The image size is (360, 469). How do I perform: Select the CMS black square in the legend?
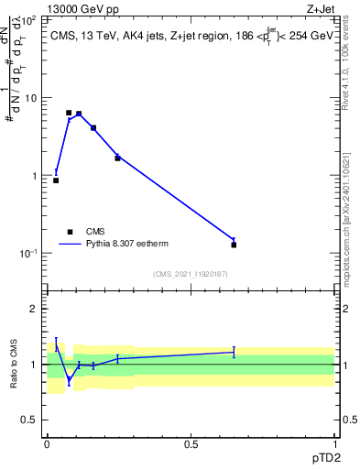[x=70, y=232]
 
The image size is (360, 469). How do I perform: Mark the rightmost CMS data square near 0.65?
[x=234, y=245]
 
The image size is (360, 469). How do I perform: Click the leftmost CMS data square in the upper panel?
[x=56, y=180]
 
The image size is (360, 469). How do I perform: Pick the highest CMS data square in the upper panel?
[x=69, y=113]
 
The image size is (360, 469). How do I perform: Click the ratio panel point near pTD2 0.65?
[x=234, y=352]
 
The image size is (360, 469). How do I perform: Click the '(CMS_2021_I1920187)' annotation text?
[x=190, y=274]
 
